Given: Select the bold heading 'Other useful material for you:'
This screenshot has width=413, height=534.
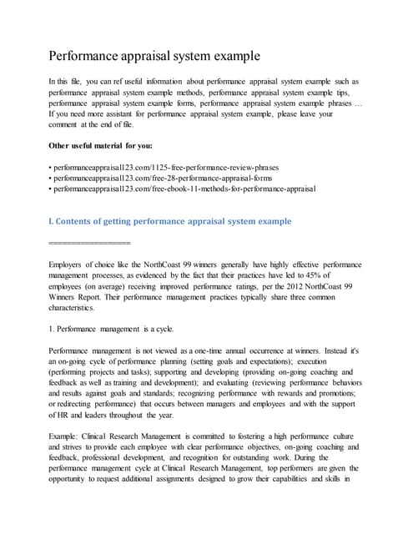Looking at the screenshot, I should [x=100, y=146].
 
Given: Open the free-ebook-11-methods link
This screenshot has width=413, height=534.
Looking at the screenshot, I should [x=184, y=189].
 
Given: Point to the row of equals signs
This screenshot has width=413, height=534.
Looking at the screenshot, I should [x=90, y=243].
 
